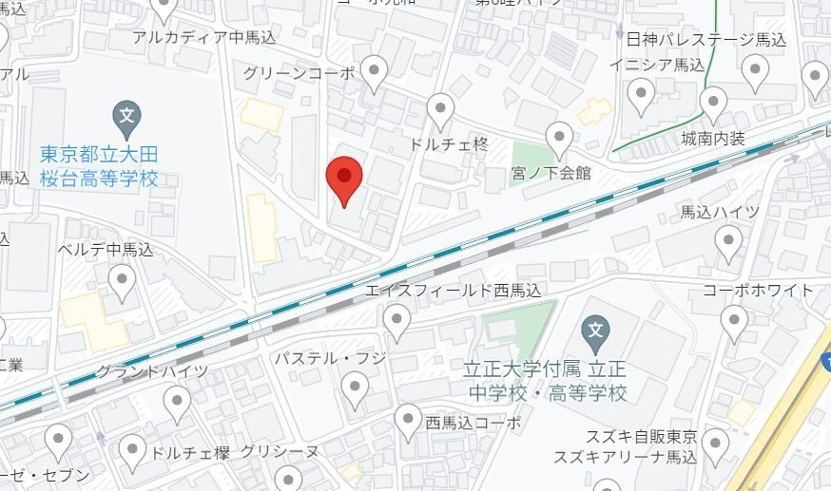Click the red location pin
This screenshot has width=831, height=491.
click(344, 178)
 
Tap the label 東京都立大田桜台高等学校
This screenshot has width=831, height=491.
click(99, 165)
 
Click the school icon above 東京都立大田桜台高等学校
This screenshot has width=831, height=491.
click(127, 117)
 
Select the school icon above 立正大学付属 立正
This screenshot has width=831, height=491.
click(594, 331)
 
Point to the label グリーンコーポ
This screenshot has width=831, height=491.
click(298, 73)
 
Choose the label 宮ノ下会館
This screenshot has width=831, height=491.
click(551, 173)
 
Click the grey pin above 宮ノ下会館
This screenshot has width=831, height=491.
click(560, 139)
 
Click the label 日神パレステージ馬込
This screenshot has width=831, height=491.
click(706, 40)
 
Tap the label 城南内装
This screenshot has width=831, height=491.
click(712, 140)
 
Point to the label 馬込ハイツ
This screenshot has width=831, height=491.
click(720, 211)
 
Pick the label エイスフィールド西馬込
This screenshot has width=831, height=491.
click(453, 291)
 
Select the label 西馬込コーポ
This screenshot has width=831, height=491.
click(473, 423)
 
